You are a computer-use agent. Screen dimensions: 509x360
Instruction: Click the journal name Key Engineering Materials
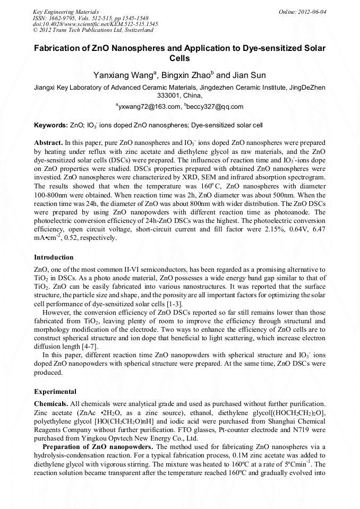pos(66,12)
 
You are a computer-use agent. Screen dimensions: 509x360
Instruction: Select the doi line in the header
pos(95,24)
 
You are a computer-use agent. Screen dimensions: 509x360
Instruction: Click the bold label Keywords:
pos(50,126)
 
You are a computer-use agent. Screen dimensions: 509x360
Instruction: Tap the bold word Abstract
pos(48,143)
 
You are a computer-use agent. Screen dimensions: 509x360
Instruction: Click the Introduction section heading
pos(54,257)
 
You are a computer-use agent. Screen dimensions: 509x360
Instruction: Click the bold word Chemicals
pos(51,404)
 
